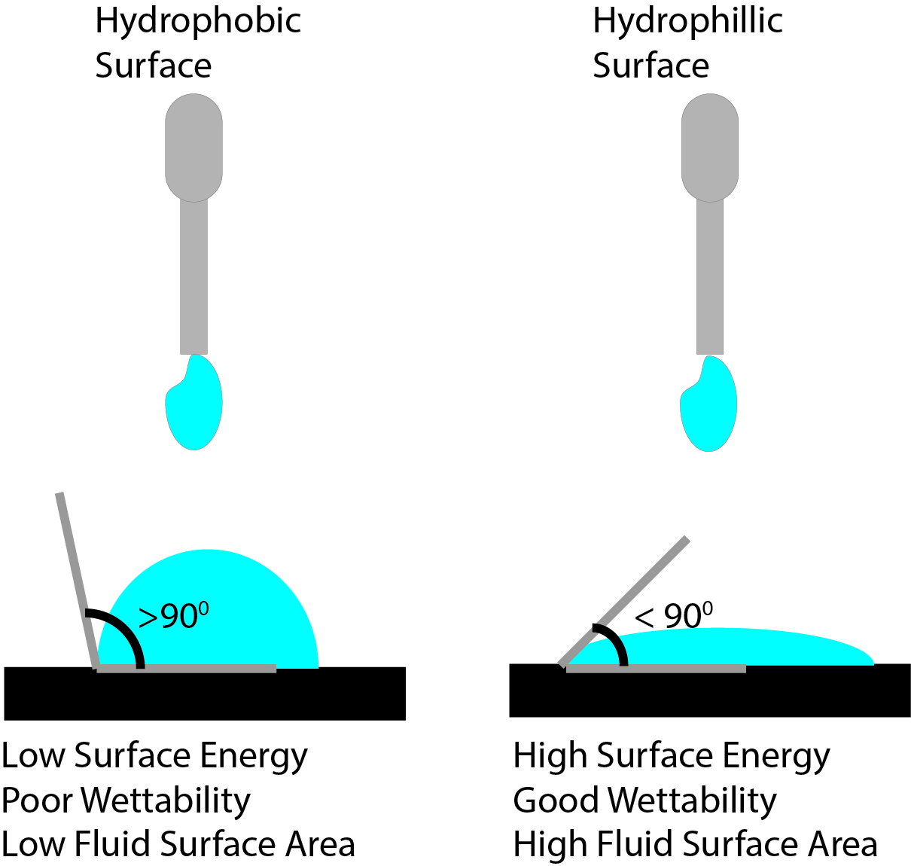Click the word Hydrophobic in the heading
pyautogui.click(x=197, y=21)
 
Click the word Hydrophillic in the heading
pyautogui.click(x=687, y=21)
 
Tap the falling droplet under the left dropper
pyautogui.click(x=194, y=407)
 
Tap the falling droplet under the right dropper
pyautogui.click(x=709, y=408)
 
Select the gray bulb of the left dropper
pyautogui.click(x=193, y=147)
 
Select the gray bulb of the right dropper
pyautogui.click(x=709, y=147)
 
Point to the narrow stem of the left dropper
pyautogui.click(x=193, y=279)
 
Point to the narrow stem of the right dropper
pyautogui.click(x=709, y=279)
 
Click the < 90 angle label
pyautogui.click(x=674, y=617)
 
